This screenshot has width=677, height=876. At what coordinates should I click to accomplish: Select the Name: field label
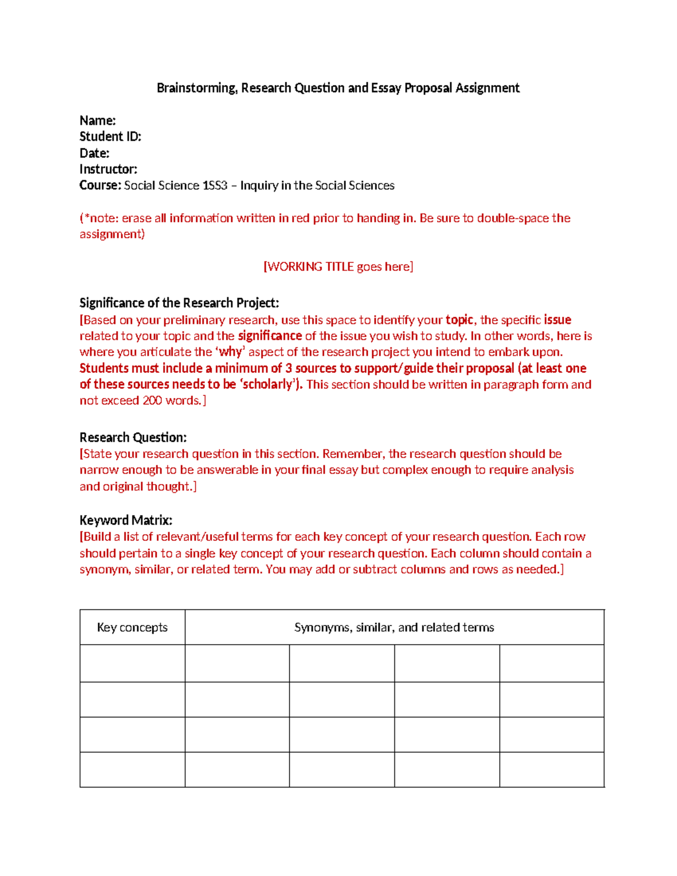(98, 121)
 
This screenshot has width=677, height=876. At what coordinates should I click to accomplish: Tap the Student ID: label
(110, 137)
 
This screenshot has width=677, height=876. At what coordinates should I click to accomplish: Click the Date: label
(94, 153)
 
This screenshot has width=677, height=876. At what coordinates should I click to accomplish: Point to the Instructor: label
(108, 169)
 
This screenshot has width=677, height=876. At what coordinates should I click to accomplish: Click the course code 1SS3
(214, 186)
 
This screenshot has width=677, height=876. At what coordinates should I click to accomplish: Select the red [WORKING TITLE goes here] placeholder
(338, 266)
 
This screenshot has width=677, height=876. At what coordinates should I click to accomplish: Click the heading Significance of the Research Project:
(179, 303)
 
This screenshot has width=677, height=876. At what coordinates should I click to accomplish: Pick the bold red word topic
(459, 320)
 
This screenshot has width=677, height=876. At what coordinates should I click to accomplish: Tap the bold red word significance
(270, 336)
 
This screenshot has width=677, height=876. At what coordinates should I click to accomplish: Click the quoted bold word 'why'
(230, 352)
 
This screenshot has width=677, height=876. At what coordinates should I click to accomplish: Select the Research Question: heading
(133, 438)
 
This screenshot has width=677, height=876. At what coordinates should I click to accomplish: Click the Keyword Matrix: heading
(126, 520)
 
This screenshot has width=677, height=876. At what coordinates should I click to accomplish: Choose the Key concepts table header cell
(132, 627)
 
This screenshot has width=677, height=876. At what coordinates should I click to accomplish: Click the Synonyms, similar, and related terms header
(394, 627)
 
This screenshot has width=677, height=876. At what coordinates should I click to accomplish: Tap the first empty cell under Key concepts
(132, 663)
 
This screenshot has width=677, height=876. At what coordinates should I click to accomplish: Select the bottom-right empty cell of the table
(551, 769)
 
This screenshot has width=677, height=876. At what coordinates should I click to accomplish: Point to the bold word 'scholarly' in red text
(269, 385)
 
